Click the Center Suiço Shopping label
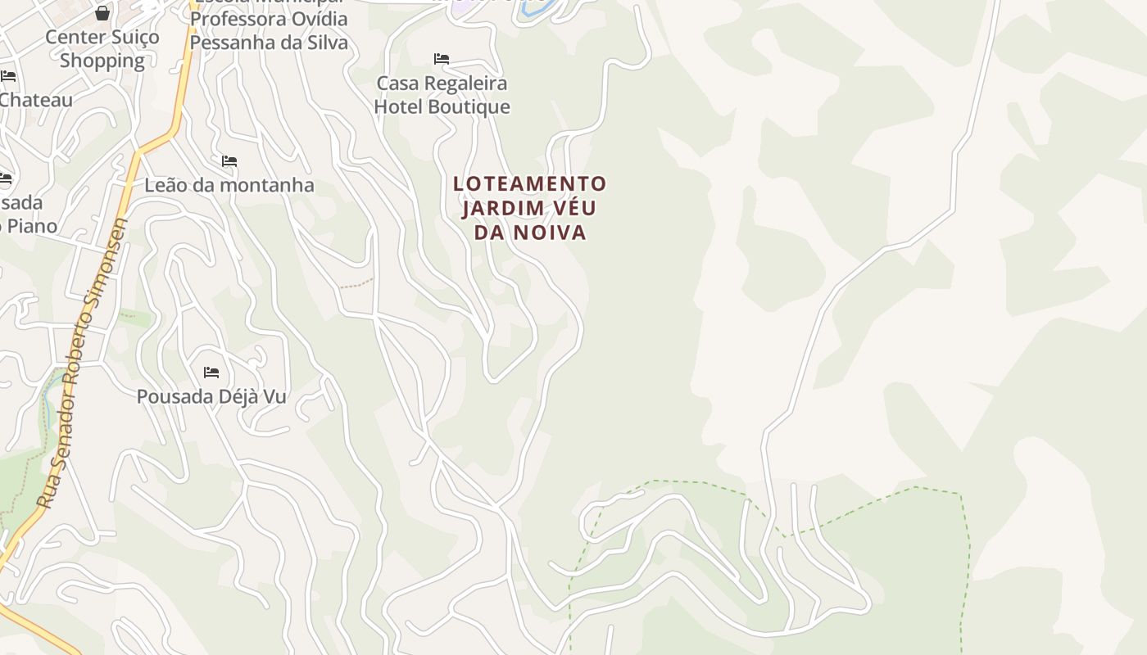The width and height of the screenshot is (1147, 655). click(x=102, y=48)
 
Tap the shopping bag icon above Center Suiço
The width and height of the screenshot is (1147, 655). click(x=102, y=13)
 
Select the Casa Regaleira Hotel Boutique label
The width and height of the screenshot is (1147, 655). click(x=442, y=95)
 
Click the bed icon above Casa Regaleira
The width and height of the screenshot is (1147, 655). click(x=442, y=59)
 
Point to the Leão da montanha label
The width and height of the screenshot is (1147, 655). click(x=229, y=185)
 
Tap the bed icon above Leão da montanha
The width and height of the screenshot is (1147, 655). click(x=229, y=161)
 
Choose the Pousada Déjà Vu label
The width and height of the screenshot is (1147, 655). click(x=211, y=396)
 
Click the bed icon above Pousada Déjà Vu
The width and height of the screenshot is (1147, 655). click(x=211, y=373)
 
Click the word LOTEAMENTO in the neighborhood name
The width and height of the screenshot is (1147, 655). click(x=530, y=184)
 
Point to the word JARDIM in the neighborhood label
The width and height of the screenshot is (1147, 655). click(x=496, y=208)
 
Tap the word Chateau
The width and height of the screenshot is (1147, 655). click(x=37, y=100)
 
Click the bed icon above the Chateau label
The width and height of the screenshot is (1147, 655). click(x=8, y=76)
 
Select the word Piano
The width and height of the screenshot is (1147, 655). click(x=31, y=225)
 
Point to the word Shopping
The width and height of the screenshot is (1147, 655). click(x=102, y=61)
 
